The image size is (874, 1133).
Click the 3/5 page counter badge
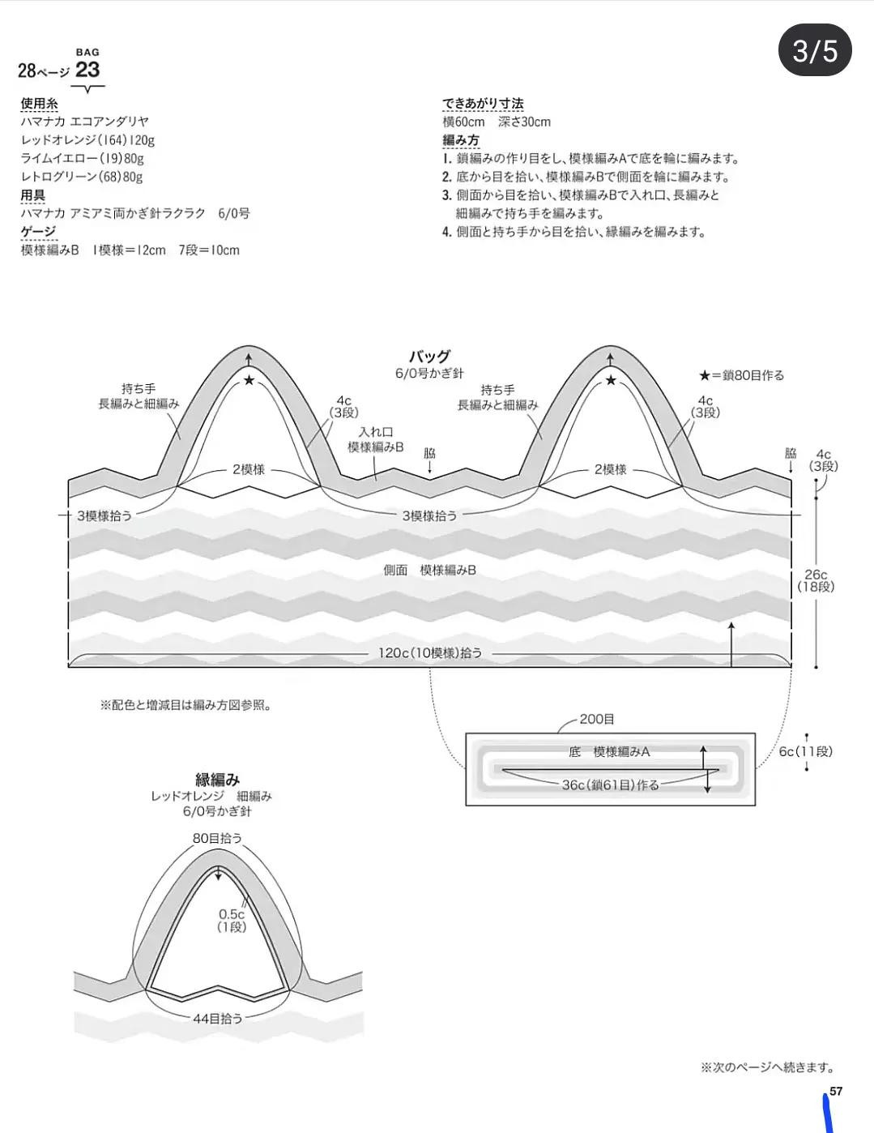814,51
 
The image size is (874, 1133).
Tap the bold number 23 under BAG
87,71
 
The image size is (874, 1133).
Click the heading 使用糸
39,104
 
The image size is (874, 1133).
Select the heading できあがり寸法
483,104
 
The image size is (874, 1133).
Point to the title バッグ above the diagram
429,357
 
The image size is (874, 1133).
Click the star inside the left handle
249,381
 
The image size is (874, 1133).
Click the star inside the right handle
611,381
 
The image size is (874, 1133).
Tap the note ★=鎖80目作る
741,375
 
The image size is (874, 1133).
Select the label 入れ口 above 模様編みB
375,432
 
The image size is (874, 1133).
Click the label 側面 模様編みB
429,570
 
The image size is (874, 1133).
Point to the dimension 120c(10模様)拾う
430,652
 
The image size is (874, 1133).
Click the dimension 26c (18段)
815,580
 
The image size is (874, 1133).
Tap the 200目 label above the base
596,719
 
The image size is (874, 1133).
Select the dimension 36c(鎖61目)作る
610,785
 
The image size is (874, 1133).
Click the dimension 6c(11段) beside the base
805,751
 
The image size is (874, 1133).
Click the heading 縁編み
217,780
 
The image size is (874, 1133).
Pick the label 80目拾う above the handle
217,838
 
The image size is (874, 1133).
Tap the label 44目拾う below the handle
217,1018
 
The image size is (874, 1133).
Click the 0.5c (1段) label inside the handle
232,921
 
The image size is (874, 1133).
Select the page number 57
836,1091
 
